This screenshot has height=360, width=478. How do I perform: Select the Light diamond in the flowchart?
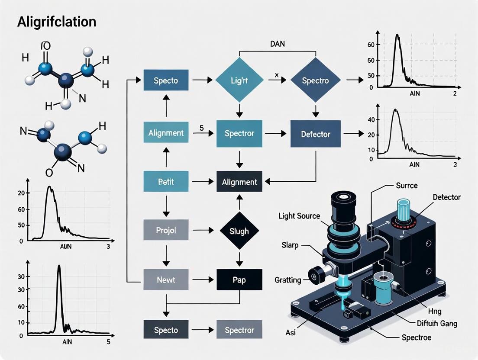[x=239, y=80]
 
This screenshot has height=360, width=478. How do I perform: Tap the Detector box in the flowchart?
[x=315, y=134]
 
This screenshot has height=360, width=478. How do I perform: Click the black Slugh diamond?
[x=239, y=231]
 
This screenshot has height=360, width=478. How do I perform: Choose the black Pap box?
[x=239, y=280]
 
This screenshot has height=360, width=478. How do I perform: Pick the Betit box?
[x=166, y=182]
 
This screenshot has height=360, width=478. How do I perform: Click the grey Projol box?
[x=166, y=231]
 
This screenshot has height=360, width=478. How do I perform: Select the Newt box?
[x=166, y=280]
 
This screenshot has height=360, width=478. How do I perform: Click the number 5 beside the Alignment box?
[x=201, y=128]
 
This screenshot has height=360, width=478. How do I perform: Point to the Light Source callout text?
[x=299, y=216]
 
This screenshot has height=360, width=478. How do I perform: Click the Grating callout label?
[x=287, y=280]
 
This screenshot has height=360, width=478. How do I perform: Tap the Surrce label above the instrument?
[x=407, y=185]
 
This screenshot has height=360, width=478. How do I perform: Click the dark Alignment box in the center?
[x=239, y=182]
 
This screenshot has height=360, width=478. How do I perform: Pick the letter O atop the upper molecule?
[x=46, y=46]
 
